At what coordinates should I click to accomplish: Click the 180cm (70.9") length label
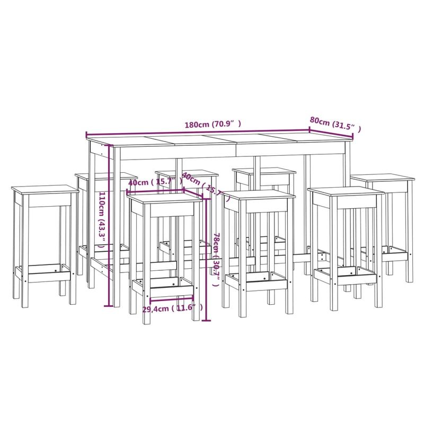point(213,125)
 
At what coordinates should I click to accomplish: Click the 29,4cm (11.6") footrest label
point(173,307)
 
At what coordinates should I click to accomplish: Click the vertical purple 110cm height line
point(110,228)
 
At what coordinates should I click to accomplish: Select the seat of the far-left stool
point(45,188)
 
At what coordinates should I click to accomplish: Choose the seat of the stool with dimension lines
point(165,197)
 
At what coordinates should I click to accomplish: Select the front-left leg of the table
point(117,233)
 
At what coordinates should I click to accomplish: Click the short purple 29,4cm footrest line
point(172,299)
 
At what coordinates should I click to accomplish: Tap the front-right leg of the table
point(348,223)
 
